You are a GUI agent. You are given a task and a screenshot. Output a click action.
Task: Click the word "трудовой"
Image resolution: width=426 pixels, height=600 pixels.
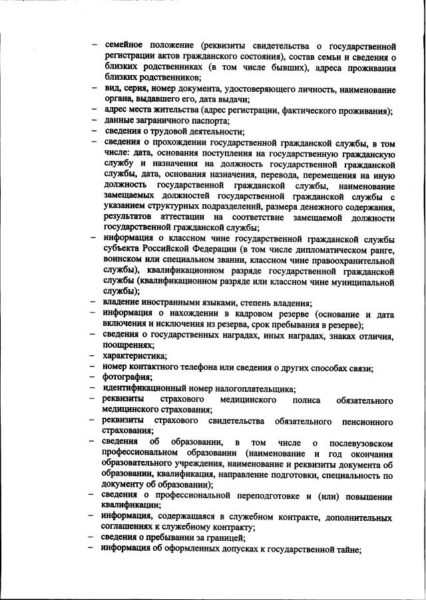(165, 131)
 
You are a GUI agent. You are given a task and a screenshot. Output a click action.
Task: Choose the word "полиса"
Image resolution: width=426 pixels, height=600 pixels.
(306, 400)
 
